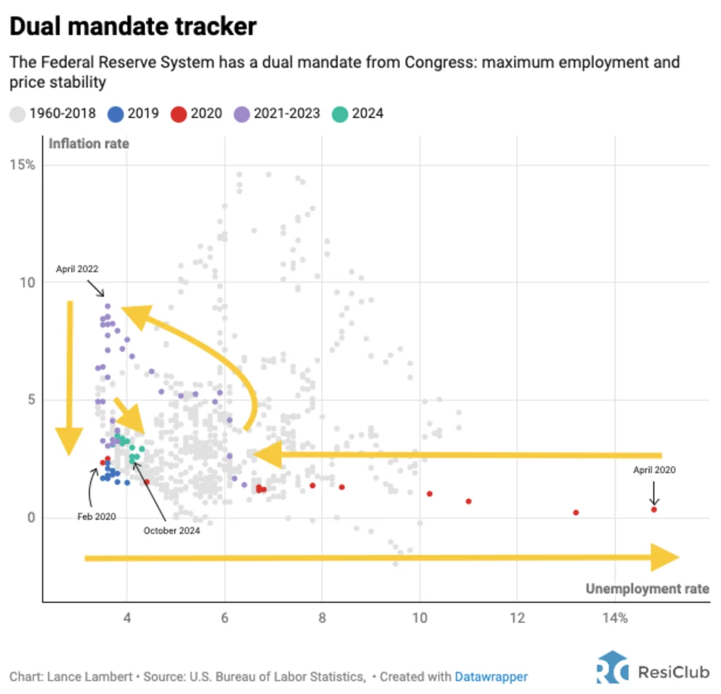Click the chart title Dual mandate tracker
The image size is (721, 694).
[x=132, y=27]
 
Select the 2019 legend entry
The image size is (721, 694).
[x=134, y=113]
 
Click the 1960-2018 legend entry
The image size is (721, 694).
[x=54, y=113]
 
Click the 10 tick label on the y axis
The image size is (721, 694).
[x=27, y=282]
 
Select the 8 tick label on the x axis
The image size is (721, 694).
[x=322, y=618]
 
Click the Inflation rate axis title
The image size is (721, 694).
[x=89, y=144]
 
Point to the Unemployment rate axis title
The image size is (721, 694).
[x=647, y=588]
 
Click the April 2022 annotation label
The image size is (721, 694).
[x=77, y=268]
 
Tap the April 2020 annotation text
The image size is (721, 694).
[x=653, y=469]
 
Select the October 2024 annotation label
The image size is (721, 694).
[x=172, y=530]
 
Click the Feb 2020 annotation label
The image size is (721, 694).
[x=96, y=516]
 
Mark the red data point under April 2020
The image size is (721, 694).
[x=654, y=509]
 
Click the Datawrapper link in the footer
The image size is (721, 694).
[x=491, y=676]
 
